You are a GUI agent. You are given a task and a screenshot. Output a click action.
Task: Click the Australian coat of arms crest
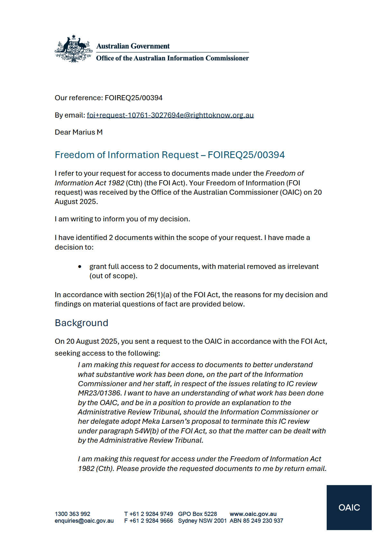pos(74,49)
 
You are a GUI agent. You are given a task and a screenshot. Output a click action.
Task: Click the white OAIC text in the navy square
pos(349,508)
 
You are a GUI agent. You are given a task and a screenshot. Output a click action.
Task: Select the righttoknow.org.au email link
pos(170,115)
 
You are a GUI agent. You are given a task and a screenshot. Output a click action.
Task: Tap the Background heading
pos(81,323)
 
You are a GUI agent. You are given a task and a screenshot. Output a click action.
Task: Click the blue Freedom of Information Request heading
pos(170,155)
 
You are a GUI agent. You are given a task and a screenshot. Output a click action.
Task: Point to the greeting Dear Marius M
pos(79,132)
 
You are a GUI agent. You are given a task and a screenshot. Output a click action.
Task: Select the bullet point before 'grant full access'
pos(80,267)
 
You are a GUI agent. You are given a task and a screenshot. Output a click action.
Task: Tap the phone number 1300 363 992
pos(72,514)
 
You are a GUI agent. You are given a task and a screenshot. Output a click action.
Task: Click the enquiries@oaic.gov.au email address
pos(84,521)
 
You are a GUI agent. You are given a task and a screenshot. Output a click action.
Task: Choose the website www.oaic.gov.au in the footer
pos(253,514)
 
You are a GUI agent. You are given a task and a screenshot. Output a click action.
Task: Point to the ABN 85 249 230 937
pos(256,521)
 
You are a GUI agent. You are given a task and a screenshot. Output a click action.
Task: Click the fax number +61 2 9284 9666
pos(151,521)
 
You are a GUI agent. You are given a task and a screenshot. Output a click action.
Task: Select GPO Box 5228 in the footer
pos(197,514)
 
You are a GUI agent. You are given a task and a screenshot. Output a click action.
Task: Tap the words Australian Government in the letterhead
pos(133,46)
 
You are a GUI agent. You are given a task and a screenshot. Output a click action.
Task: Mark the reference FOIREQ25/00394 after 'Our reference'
pos(134,98)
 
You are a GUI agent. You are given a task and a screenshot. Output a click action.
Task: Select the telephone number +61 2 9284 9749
pos(151,514)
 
